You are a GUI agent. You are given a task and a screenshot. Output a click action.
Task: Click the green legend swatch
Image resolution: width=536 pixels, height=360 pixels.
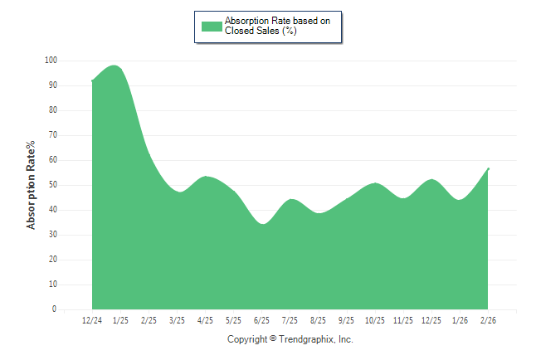[212, 26]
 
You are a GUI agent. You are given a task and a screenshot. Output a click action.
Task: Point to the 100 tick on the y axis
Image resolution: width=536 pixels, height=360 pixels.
[51, 61]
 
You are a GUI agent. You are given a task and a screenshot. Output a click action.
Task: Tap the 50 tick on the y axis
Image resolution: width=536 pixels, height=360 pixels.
[52, 185]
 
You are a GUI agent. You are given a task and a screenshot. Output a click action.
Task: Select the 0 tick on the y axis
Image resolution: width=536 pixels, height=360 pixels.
[55, 309]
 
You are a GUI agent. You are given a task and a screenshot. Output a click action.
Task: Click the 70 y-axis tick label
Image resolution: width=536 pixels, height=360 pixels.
[52, 135]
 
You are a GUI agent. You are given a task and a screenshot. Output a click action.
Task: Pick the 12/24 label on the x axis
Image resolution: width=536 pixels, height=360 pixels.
[92, 320]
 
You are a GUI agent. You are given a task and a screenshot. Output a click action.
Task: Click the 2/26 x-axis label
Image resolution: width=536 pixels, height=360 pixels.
[489, 320]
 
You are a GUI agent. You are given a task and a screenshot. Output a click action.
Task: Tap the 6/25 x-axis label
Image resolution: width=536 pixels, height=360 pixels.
[262, 320]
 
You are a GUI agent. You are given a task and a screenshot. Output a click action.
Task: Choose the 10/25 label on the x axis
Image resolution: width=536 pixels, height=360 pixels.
[375, 320]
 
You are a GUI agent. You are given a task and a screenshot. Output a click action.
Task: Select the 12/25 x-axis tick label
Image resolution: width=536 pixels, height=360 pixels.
[431, 320]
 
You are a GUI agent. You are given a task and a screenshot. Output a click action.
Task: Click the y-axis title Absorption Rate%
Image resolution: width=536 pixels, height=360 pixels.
[32, 185]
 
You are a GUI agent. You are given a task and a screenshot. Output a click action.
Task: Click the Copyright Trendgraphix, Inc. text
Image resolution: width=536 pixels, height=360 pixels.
[290, 339]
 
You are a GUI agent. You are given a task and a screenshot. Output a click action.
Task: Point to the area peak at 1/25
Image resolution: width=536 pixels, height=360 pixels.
[115, 66]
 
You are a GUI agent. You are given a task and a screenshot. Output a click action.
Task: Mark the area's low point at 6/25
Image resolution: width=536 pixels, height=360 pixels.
[262, 224]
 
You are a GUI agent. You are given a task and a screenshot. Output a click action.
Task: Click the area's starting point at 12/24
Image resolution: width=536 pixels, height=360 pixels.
[92, 80]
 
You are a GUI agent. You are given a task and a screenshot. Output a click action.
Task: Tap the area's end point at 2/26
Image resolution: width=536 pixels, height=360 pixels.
[489, 168]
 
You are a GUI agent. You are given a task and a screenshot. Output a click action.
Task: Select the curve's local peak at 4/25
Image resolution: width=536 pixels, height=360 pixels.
[206, 176]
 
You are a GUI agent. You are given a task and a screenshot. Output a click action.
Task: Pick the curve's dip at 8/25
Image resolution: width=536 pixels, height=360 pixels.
[319, 213]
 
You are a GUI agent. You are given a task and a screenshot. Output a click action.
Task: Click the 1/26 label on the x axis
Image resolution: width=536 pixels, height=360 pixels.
[460, 320]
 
